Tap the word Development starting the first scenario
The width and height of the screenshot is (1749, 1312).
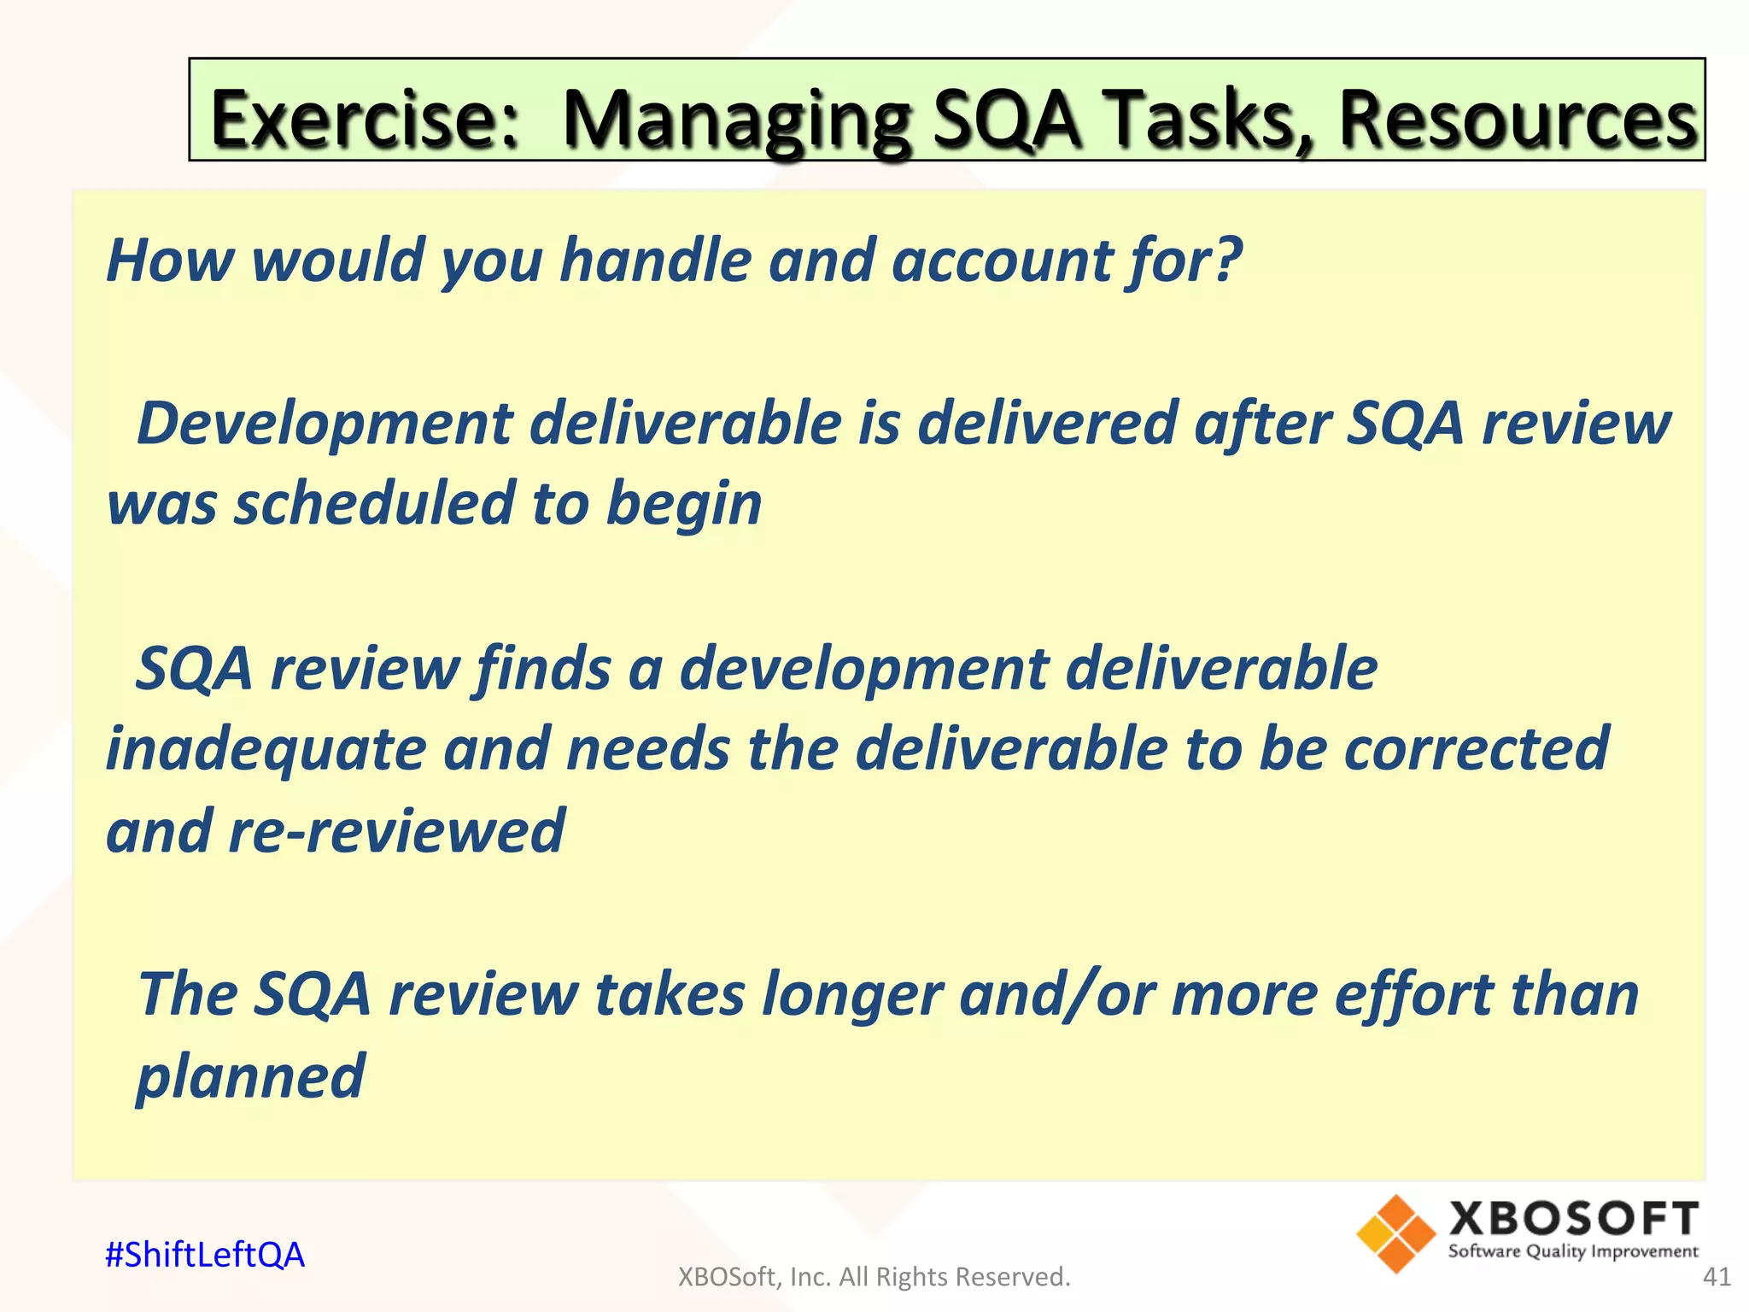(325, 425)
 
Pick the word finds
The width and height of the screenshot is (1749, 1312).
(542, 668)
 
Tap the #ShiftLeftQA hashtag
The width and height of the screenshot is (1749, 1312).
(205, 1255)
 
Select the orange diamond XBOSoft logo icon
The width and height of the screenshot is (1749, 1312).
(1395, 1233)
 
